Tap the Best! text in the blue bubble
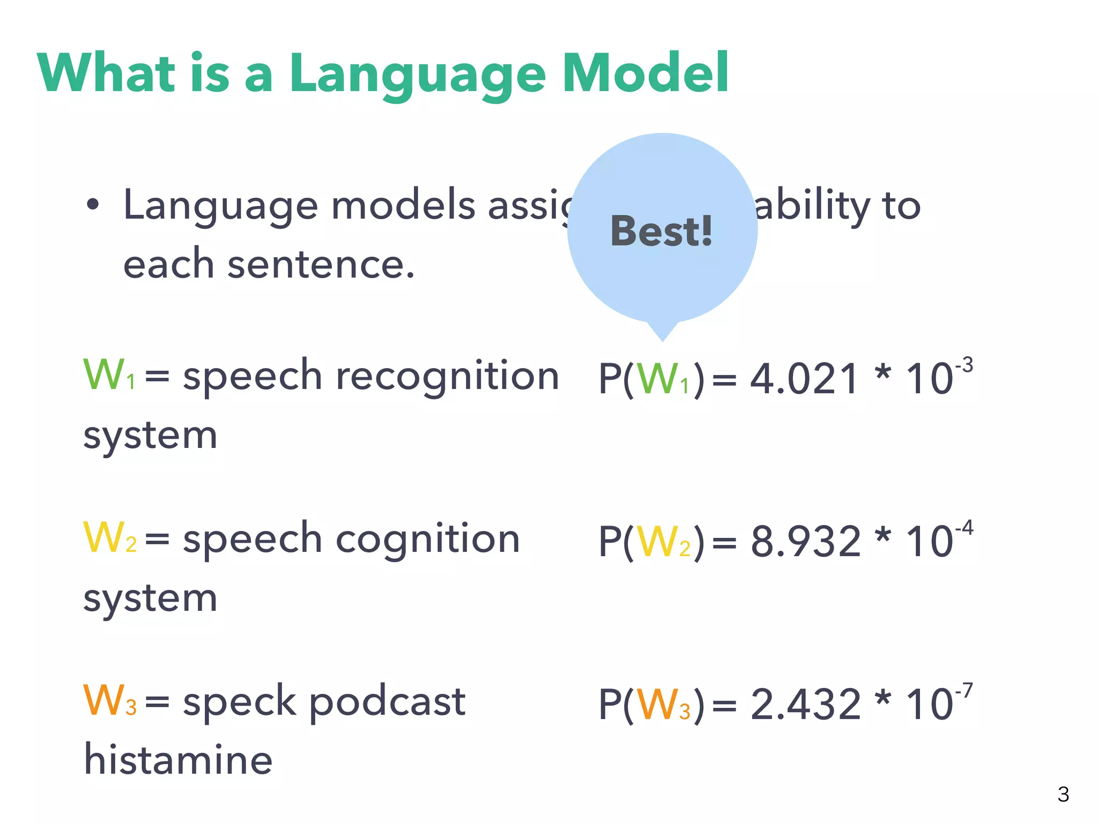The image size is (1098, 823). [x=662, y=231]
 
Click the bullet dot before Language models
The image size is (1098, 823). [x=93, y=205]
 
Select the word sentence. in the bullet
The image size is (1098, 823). [x=321, y=265]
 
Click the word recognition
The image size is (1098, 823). [x=447, y=377]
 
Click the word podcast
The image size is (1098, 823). [x=387, y=702]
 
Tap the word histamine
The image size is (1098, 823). [x=178, y=760]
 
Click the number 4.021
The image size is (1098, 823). [x=804, y=379]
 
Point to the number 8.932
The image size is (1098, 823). [x=805, y=542]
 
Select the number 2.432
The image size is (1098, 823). [x=805, y=705]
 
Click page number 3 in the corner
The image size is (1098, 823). [x=1063, y=794]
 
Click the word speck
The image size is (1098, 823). [x=239, y=702]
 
